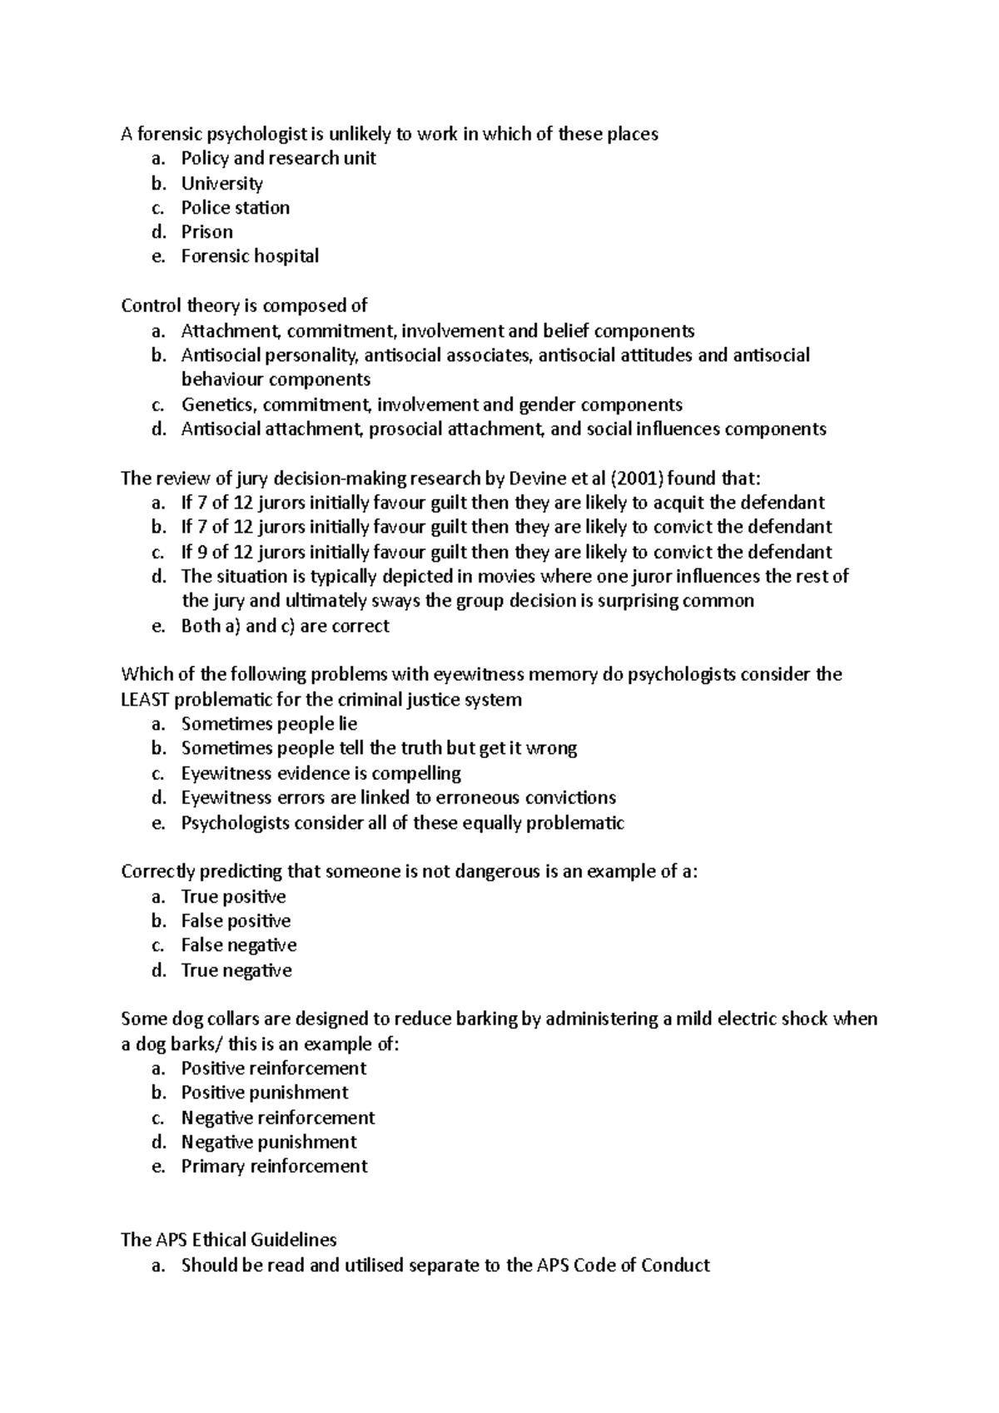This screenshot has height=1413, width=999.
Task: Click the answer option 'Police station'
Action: click(235, 208)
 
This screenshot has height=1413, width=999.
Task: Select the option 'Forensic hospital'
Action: click(250, 256)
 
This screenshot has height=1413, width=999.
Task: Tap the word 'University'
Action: click(221, 183)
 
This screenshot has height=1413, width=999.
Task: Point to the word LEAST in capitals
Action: click(145, 700)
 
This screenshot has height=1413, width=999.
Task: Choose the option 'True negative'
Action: click(236, 970)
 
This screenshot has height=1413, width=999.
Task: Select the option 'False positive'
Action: click(236, 921)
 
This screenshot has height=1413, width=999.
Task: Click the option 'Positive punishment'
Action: click(265, 1093)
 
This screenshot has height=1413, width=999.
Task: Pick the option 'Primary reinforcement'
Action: click(274, 1167)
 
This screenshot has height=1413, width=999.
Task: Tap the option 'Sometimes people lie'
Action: click(269, 724)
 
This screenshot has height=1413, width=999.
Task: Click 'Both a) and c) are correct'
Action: click(285, 626)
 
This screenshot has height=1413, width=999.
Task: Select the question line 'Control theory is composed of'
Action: click(244, 306)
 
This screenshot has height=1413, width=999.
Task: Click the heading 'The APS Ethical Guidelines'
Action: click(228, 1240)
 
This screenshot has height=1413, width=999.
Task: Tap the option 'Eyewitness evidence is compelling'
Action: click(321, 773)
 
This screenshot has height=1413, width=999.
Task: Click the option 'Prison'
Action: click(206, 232)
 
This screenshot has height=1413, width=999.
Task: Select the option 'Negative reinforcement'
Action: click(278, 1118)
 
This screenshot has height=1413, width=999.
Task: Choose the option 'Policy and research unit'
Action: click(278, 158)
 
